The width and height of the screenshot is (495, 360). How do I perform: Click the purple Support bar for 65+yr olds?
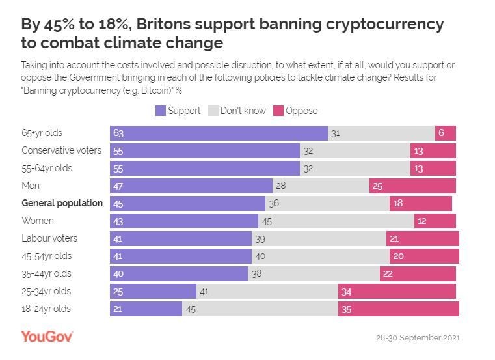pyautogui.click(x=219, y=133)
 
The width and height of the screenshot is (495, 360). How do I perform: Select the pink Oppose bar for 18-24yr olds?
pyautogui.click(x=398, y=309)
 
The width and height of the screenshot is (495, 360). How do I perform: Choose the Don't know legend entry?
pyautogui.click(x=236, y=111)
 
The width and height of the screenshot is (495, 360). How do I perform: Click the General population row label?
pyautogui.click(x=62, y=203)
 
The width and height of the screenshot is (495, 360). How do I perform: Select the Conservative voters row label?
pyautogui.click(x=61, y=150)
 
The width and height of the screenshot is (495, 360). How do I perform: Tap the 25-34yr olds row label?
pyautogui.click(x=46, y=291)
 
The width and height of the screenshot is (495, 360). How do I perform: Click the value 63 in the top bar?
pyautogui.click(x=118, y=133)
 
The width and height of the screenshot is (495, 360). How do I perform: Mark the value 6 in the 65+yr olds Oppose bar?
pyautogui.click(x=441, y=133)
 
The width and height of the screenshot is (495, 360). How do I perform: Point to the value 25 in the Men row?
pyautogui.click(x=378, y=186)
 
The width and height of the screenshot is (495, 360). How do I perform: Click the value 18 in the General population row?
pyautogui.click(x=398, y=203)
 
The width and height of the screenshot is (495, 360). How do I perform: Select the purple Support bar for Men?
pyautogui.click(x=191, y=186)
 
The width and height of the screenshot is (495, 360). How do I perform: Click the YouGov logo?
pyautogui.click(x=47, y=337)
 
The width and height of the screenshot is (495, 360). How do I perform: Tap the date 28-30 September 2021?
pyautogui.click(x=418, y=339)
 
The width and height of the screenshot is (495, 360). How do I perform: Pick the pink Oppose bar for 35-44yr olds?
pyautogui.click(x=418, y=273)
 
